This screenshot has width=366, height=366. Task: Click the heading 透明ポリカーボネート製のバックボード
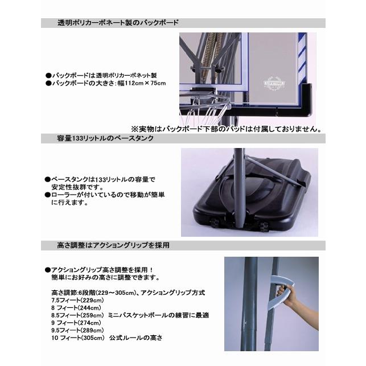(x=118, y=23)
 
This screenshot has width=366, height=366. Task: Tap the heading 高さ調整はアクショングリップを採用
(x=113, y=245)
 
